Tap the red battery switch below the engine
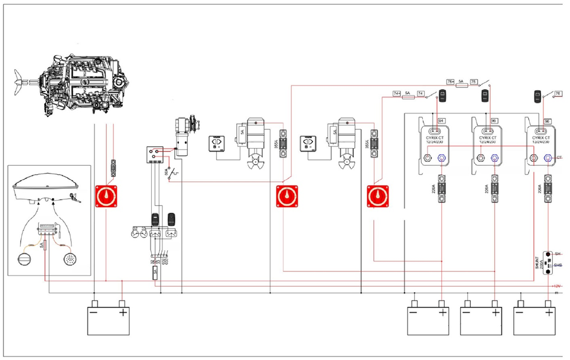[106, 197]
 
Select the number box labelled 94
[441, 120]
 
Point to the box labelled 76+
[450, 82]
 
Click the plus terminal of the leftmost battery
[122, 304]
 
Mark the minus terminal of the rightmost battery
[520, 304]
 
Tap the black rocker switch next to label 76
[538, 94]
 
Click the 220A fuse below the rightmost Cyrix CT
[549, 191]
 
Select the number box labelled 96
[547, 120]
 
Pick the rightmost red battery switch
[377, 197]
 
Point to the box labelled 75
[473, 82]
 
